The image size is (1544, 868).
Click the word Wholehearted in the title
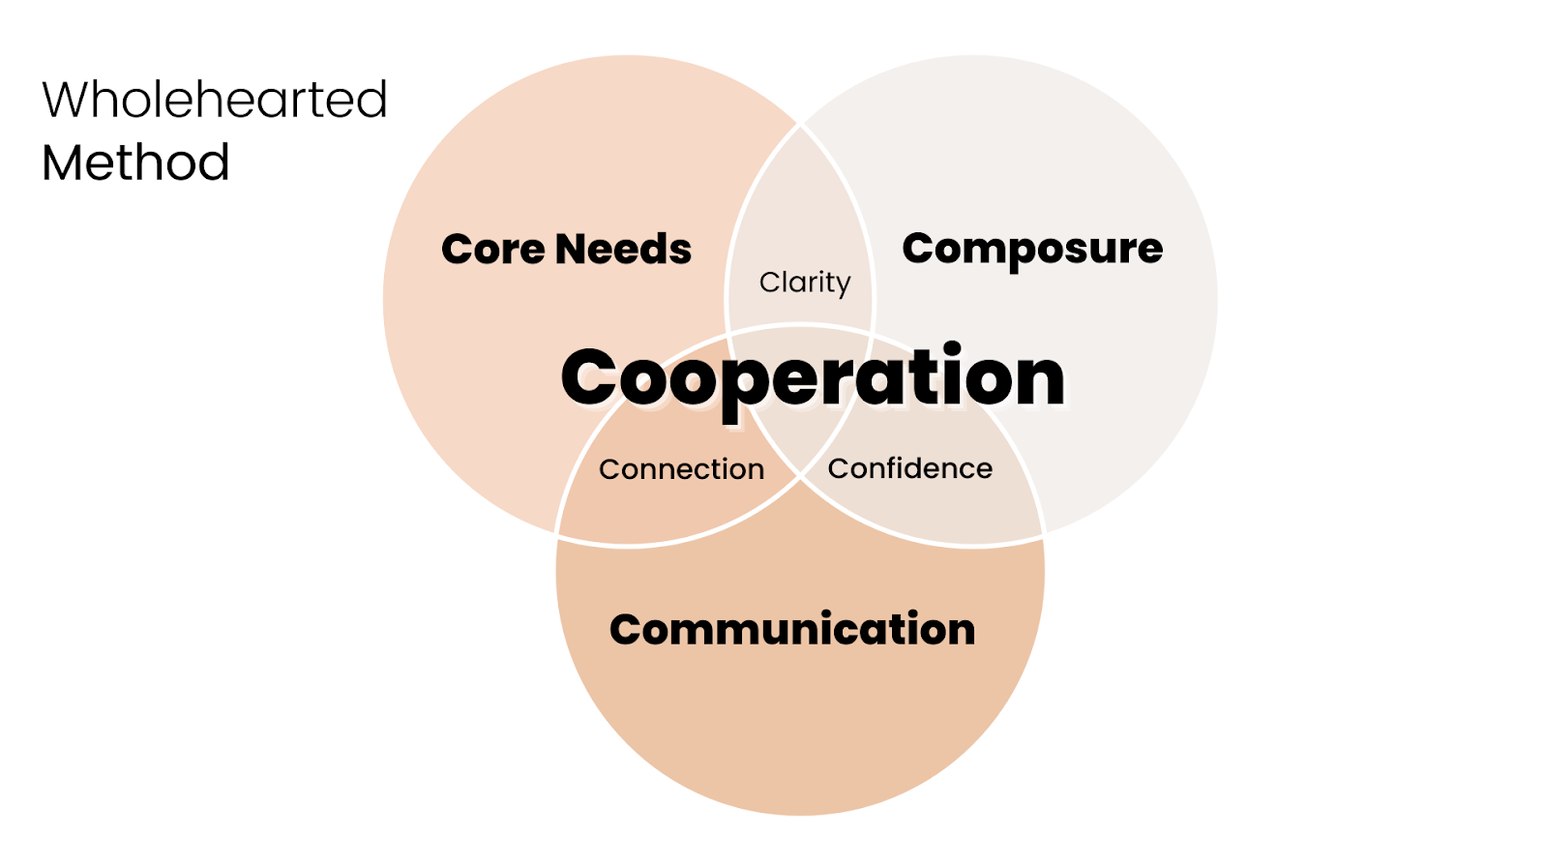coord(214,100)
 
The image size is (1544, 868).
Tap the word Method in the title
coord(135,163)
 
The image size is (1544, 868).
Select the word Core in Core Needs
coord(491,250)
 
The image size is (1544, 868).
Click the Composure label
coord(1032,250)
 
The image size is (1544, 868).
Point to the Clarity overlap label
coord(804,283)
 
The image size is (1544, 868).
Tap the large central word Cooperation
coord(813,377)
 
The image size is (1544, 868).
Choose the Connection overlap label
coord(681,469)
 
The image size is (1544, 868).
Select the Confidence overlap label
coord(909,468)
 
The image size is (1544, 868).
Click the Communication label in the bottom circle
coord(792,630)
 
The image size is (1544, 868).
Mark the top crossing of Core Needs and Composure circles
coord(800,124)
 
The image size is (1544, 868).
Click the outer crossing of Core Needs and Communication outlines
coord(557,532)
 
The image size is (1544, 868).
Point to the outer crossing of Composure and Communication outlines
coord(1043,532)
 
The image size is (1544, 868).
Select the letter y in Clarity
coord(841,285)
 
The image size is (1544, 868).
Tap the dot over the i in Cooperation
coord(952,347)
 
